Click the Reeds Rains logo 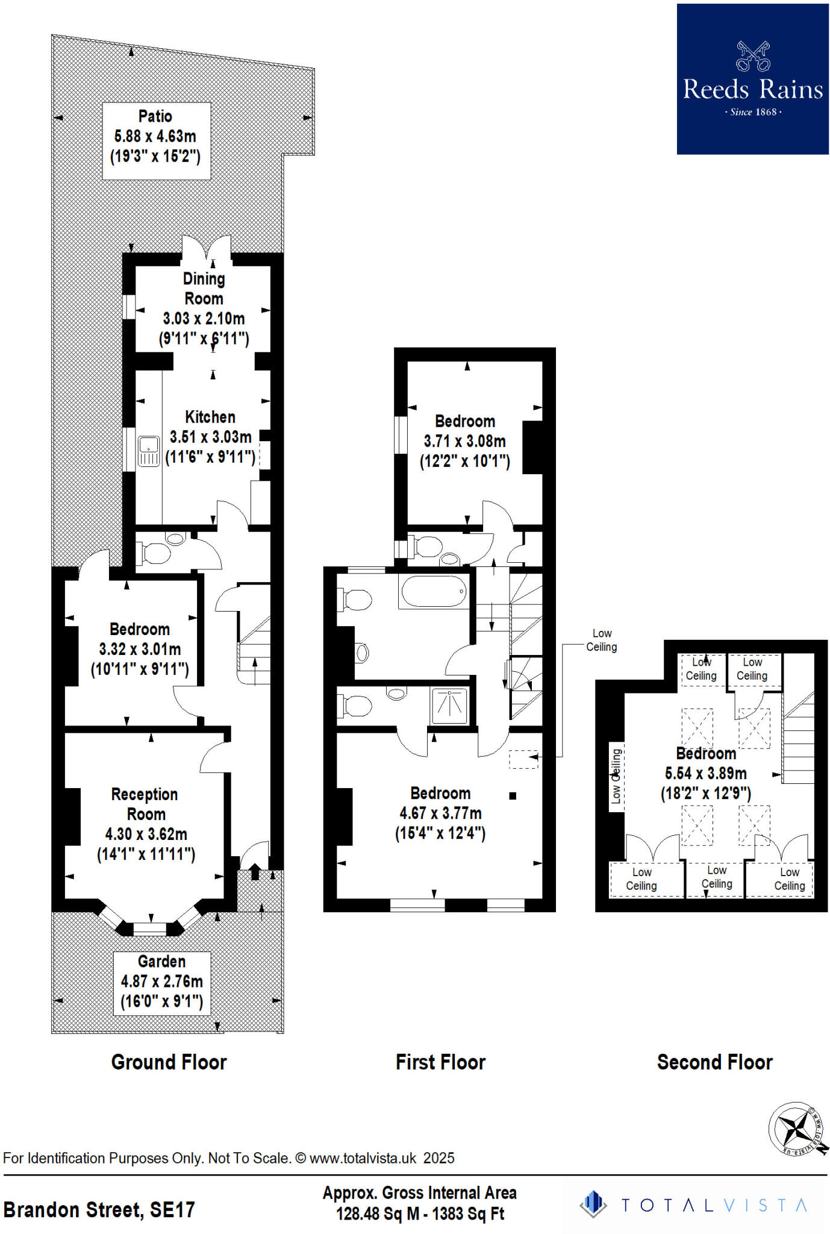[x=752, y=79]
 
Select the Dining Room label [x=204, y=289]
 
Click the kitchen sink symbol [x=148, y=451]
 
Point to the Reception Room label [x=145, y=804]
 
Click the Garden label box [x=161, y=982]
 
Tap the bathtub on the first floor [x=434, y=591]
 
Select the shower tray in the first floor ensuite [x=449, y=706]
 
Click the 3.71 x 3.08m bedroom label [x=464, y=441]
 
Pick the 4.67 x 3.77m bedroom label [x=440, y=813]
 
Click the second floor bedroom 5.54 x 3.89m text [x=705, y=773]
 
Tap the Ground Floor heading [x=169, y=1062]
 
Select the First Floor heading [x=440, y=1062]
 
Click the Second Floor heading [x=714, y=1062]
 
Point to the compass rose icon [x=797, y=1129]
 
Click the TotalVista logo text [x=713, y=1204]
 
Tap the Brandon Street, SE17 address [x=99, y=1209]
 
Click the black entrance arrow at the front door [x=254, y=872]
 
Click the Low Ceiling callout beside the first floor [x=601, y=640]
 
